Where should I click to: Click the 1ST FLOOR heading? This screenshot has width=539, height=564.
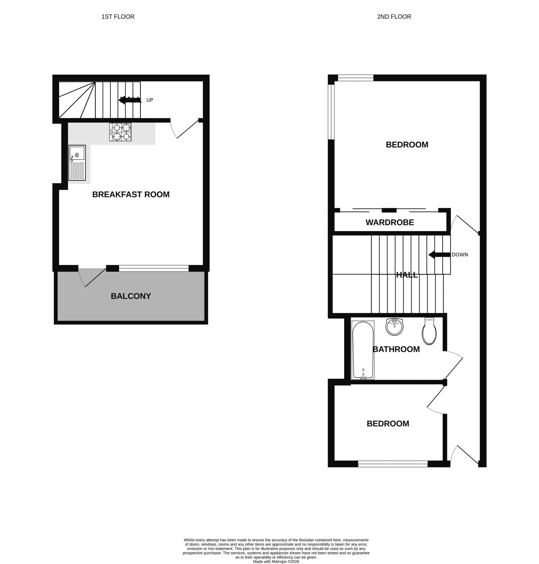tap(118, 17)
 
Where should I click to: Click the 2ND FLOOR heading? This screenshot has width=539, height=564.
tap(394, 17)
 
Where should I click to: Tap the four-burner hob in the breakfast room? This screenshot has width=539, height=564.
tap(120, 132)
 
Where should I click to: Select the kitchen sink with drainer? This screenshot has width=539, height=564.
tap(77, 163)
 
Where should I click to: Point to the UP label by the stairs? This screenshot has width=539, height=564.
tap(150, 100)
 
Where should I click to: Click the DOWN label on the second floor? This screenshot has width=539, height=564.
tap(460, 255)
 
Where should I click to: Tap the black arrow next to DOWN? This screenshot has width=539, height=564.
tap(439, 255)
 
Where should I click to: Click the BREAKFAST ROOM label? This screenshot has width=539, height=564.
tap(131, 195)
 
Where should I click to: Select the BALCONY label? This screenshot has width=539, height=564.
tap(131, 296)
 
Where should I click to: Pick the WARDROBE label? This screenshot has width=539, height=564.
tap(389, 222)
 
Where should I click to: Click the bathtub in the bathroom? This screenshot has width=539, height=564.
tap(363, 350)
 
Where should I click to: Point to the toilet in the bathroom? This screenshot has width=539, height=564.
tap(429, 331)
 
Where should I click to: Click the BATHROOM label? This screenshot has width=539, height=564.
tap(396, 349)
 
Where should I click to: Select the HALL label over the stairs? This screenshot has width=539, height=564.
tap(407, 275)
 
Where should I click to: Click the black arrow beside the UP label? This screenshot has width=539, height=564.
tap(130, 100)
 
